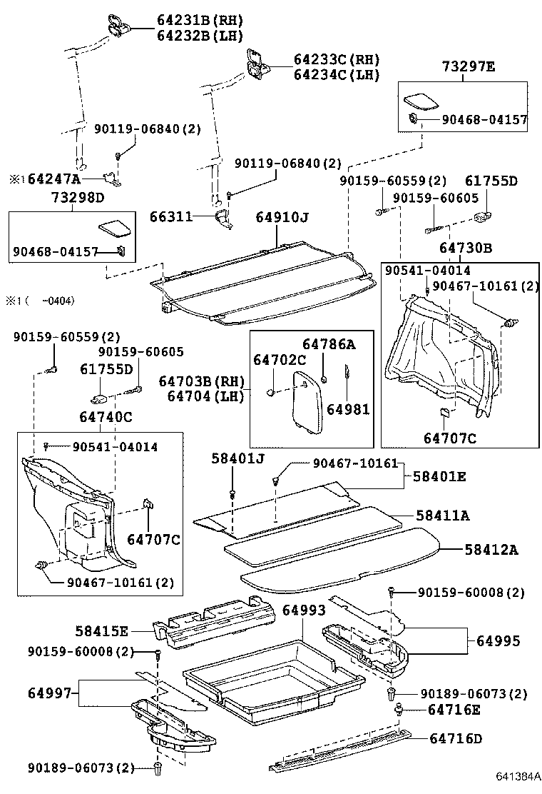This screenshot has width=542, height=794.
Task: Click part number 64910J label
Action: click(x=285, y=216)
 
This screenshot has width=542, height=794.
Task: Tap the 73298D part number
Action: click(x=77, y=197)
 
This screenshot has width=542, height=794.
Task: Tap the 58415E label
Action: click(x=102, y=631)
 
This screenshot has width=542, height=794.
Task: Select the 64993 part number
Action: click(x=304, y=610)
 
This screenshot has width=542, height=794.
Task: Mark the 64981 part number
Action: click(x=348, y=408)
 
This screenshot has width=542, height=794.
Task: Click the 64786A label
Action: click(x=328, y=344)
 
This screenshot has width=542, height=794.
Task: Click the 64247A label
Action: click(x=53, y=179)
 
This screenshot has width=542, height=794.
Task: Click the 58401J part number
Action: click(x=237, y=458)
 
